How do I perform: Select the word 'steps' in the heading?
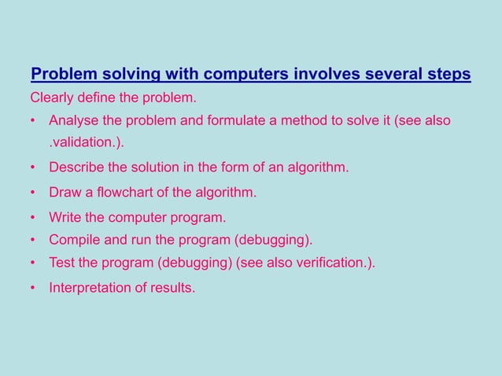(x=447, y=75)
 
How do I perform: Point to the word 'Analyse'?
(x=72, y=121)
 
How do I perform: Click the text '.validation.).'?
(x=87, y=144)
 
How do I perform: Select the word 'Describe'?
(x=76, y=168)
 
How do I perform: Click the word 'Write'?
(x=65, y=217)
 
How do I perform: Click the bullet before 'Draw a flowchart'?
(x=34, y=193)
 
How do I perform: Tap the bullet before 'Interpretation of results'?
(x=34, y=287)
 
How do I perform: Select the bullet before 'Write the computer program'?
(x=34, y=217)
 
